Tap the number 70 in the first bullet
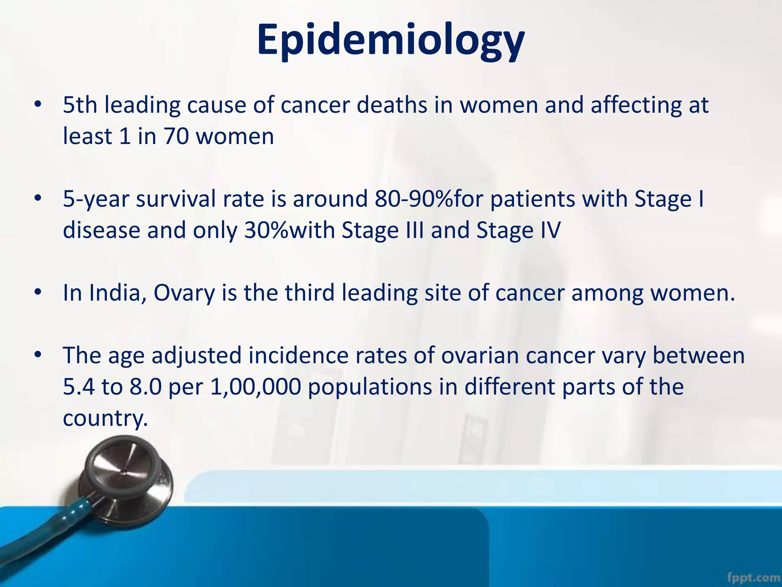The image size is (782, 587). (176, 136)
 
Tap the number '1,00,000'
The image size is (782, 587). (255, 387)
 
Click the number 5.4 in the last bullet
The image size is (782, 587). (79, 387)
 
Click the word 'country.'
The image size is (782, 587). (105, 418)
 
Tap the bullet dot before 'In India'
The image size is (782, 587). (37, 292)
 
